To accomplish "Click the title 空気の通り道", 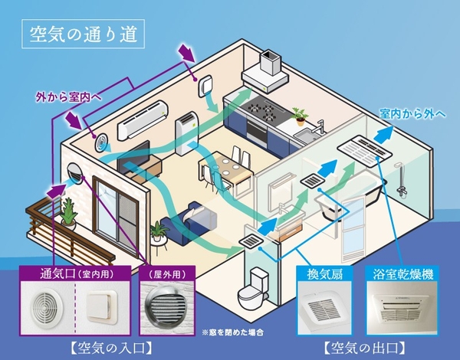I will coord(78,35).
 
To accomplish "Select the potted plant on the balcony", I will coord(68,214).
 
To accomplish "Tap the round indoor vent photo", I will coord(46,309).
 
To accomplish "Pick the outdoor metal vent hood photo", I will coord(167,309).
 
